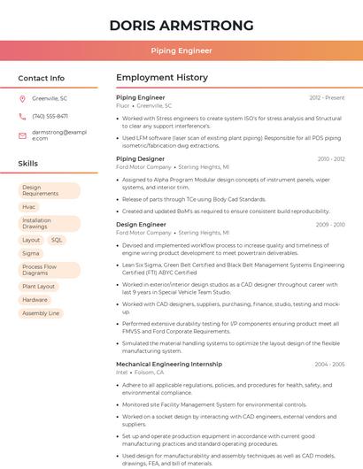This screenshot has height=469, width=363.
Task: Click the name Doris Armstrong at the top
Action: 181,25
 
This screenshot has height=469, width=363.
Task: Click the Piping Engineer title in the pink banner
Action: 181,50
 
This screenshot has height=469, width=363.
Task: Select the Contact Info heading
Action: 42,78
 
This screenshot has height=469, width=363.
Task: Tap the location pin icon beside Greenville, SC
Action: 22,98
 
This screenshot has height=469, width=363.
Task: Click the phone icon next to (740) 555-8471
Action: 22,116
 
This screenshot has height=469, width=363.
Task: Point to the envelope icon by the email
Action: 22,135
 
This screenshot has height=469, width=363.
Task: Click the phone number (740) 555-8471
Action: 50,116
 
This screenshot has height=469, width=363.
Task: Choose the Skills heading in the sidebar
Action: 28,164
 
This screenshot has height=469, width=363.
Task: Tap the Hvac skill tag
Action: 29,206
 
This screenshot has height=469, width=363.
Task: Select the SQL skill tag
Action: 57,240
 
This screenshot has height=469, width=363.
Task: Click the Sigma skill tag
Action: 31,253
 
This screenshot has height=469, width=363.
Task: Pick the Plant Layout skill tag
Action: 38,287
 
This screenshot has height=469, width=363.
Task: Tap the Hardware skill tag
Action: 35,300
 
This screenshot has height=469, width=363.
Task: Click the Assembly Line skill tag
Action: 41,313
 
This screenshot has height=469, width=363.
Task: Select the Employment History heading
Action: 161,78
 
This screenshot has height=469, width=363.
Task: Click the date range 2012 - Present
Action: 327,97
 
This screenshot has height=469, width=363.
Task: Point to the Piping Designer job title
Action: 140,159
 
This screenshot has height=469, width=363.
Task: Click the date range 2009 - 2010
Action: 329,225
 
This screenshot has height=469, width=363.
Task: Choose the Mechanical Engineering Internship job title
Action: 168,364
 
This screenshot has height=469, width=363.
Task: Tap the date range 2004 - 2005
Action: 329,364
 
